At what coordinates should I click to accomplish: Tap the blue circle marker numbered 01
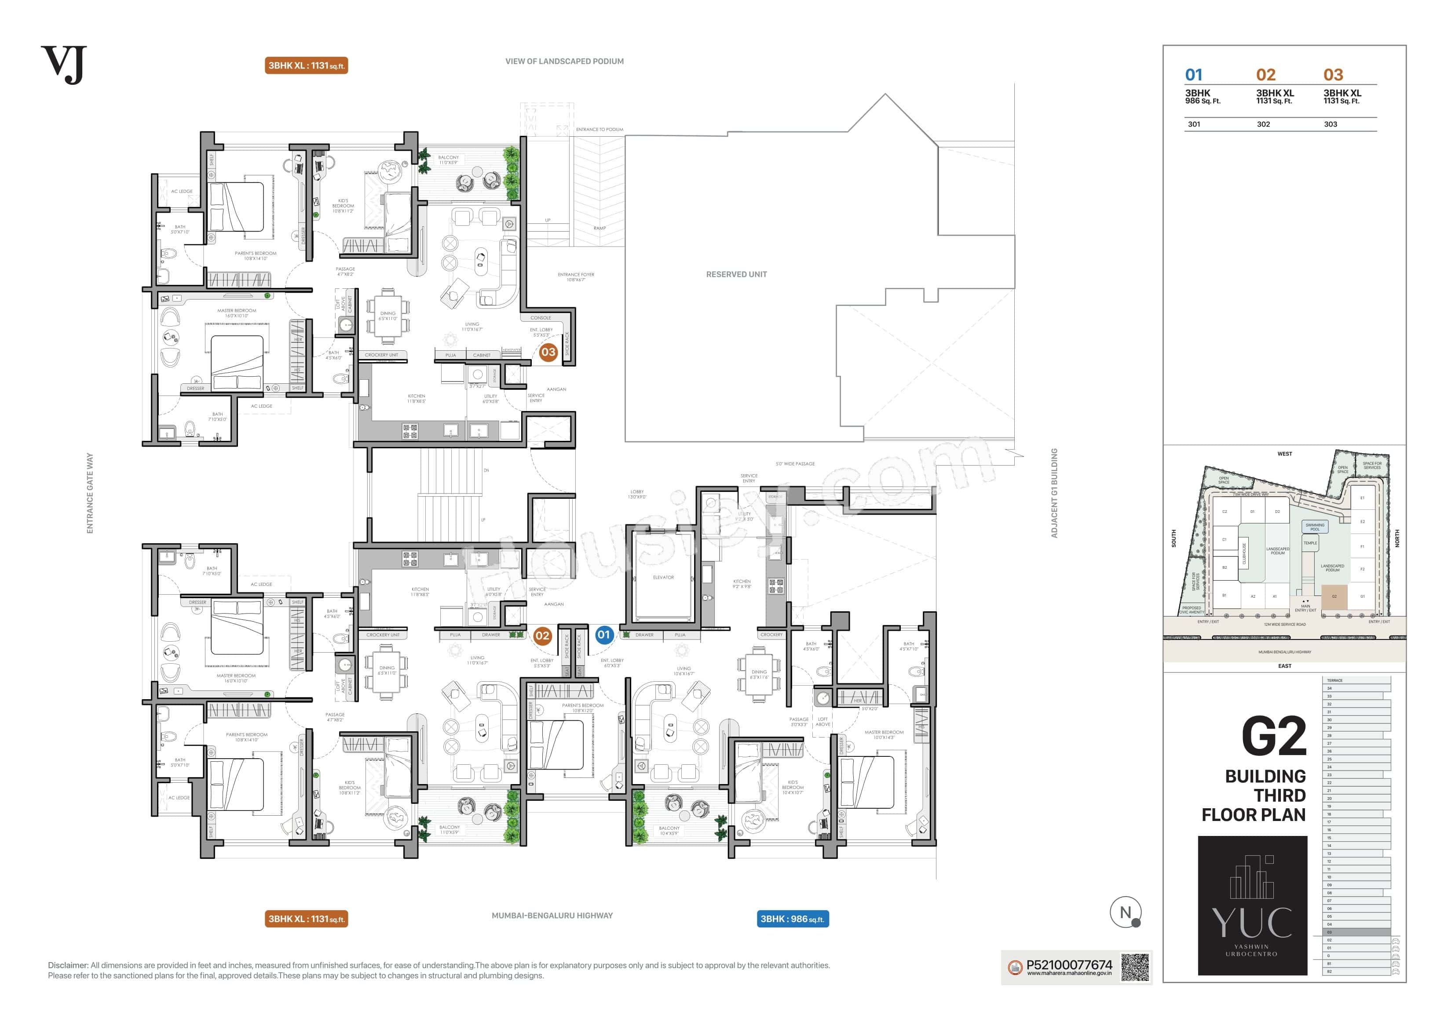pyautogui.click(x=603, y=635)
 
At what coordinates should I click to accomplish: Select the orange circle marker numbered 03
pyautogui.click(x=548, y=352)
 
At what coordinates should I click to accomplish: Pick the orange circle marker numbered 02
pyautogui.click(x=542, y=635)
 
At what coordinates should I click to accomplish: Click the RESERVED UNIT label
pyautogui.click(x=736, y=274)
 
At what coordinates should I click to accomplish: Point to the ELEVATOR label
pyautogui.click(x=663, y=578)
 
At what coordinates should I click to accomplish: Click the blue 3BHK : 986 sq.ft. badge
pyautogui.click(x=792, y=919)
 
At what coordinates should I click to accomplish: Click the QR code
pyautogui.click(x=1135, y=968)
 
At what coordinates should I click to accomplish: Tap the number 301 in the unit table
pyautogui.click(x=1194, y=124)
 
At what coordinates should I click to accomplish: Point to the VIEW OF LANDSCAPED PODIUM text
pyautogui.click(x=564, y=62)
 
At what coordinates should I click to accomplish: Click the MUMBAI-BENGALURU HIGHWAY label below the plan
pyautogui.click(x=552, y=915)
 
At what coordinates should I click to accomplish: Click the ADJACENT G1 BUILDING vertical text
pyautogui.click(x=1054, y=493)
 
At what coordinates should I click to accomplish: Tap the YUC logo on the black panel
pyautogui.click(x=1252, y=923)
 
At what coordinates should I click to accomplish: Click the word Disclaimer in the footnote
pyautogui.click(x=68, y=965)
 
